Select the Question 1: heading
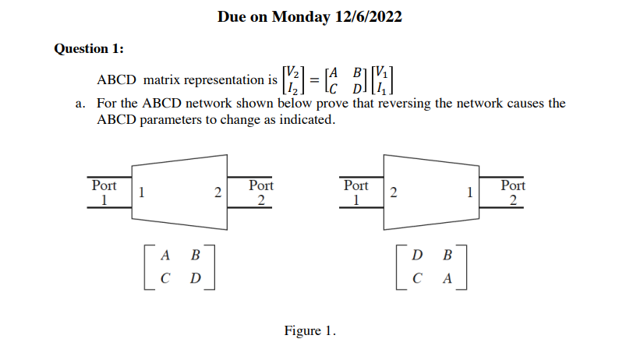tap(88, 48)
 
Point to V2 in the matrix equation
tap(291, 70)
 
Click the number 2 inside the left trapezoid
tap(219, 192)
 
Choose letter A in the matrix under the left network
tap(165, 255)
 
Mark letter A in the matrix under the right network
tap(447, 278)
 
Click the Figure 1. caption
tap(309, 330)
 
